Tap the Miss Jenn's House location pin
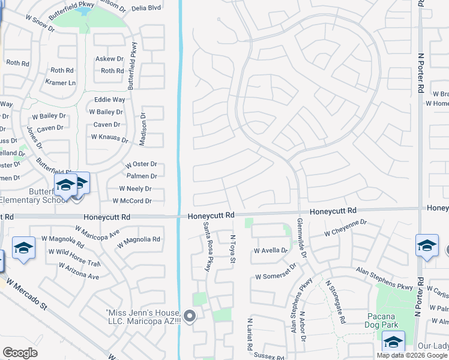190,316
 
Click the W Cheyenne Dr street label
345,227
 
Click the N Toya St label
233,250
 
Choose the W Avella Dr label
271,251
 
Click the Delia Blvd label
146,8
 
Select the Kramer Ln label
61,82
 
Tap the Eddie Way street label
110,99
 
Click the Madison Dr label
143,130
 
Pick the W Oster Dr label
141,164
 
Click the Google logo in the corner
20,353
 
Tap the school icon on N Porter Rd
427,246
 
